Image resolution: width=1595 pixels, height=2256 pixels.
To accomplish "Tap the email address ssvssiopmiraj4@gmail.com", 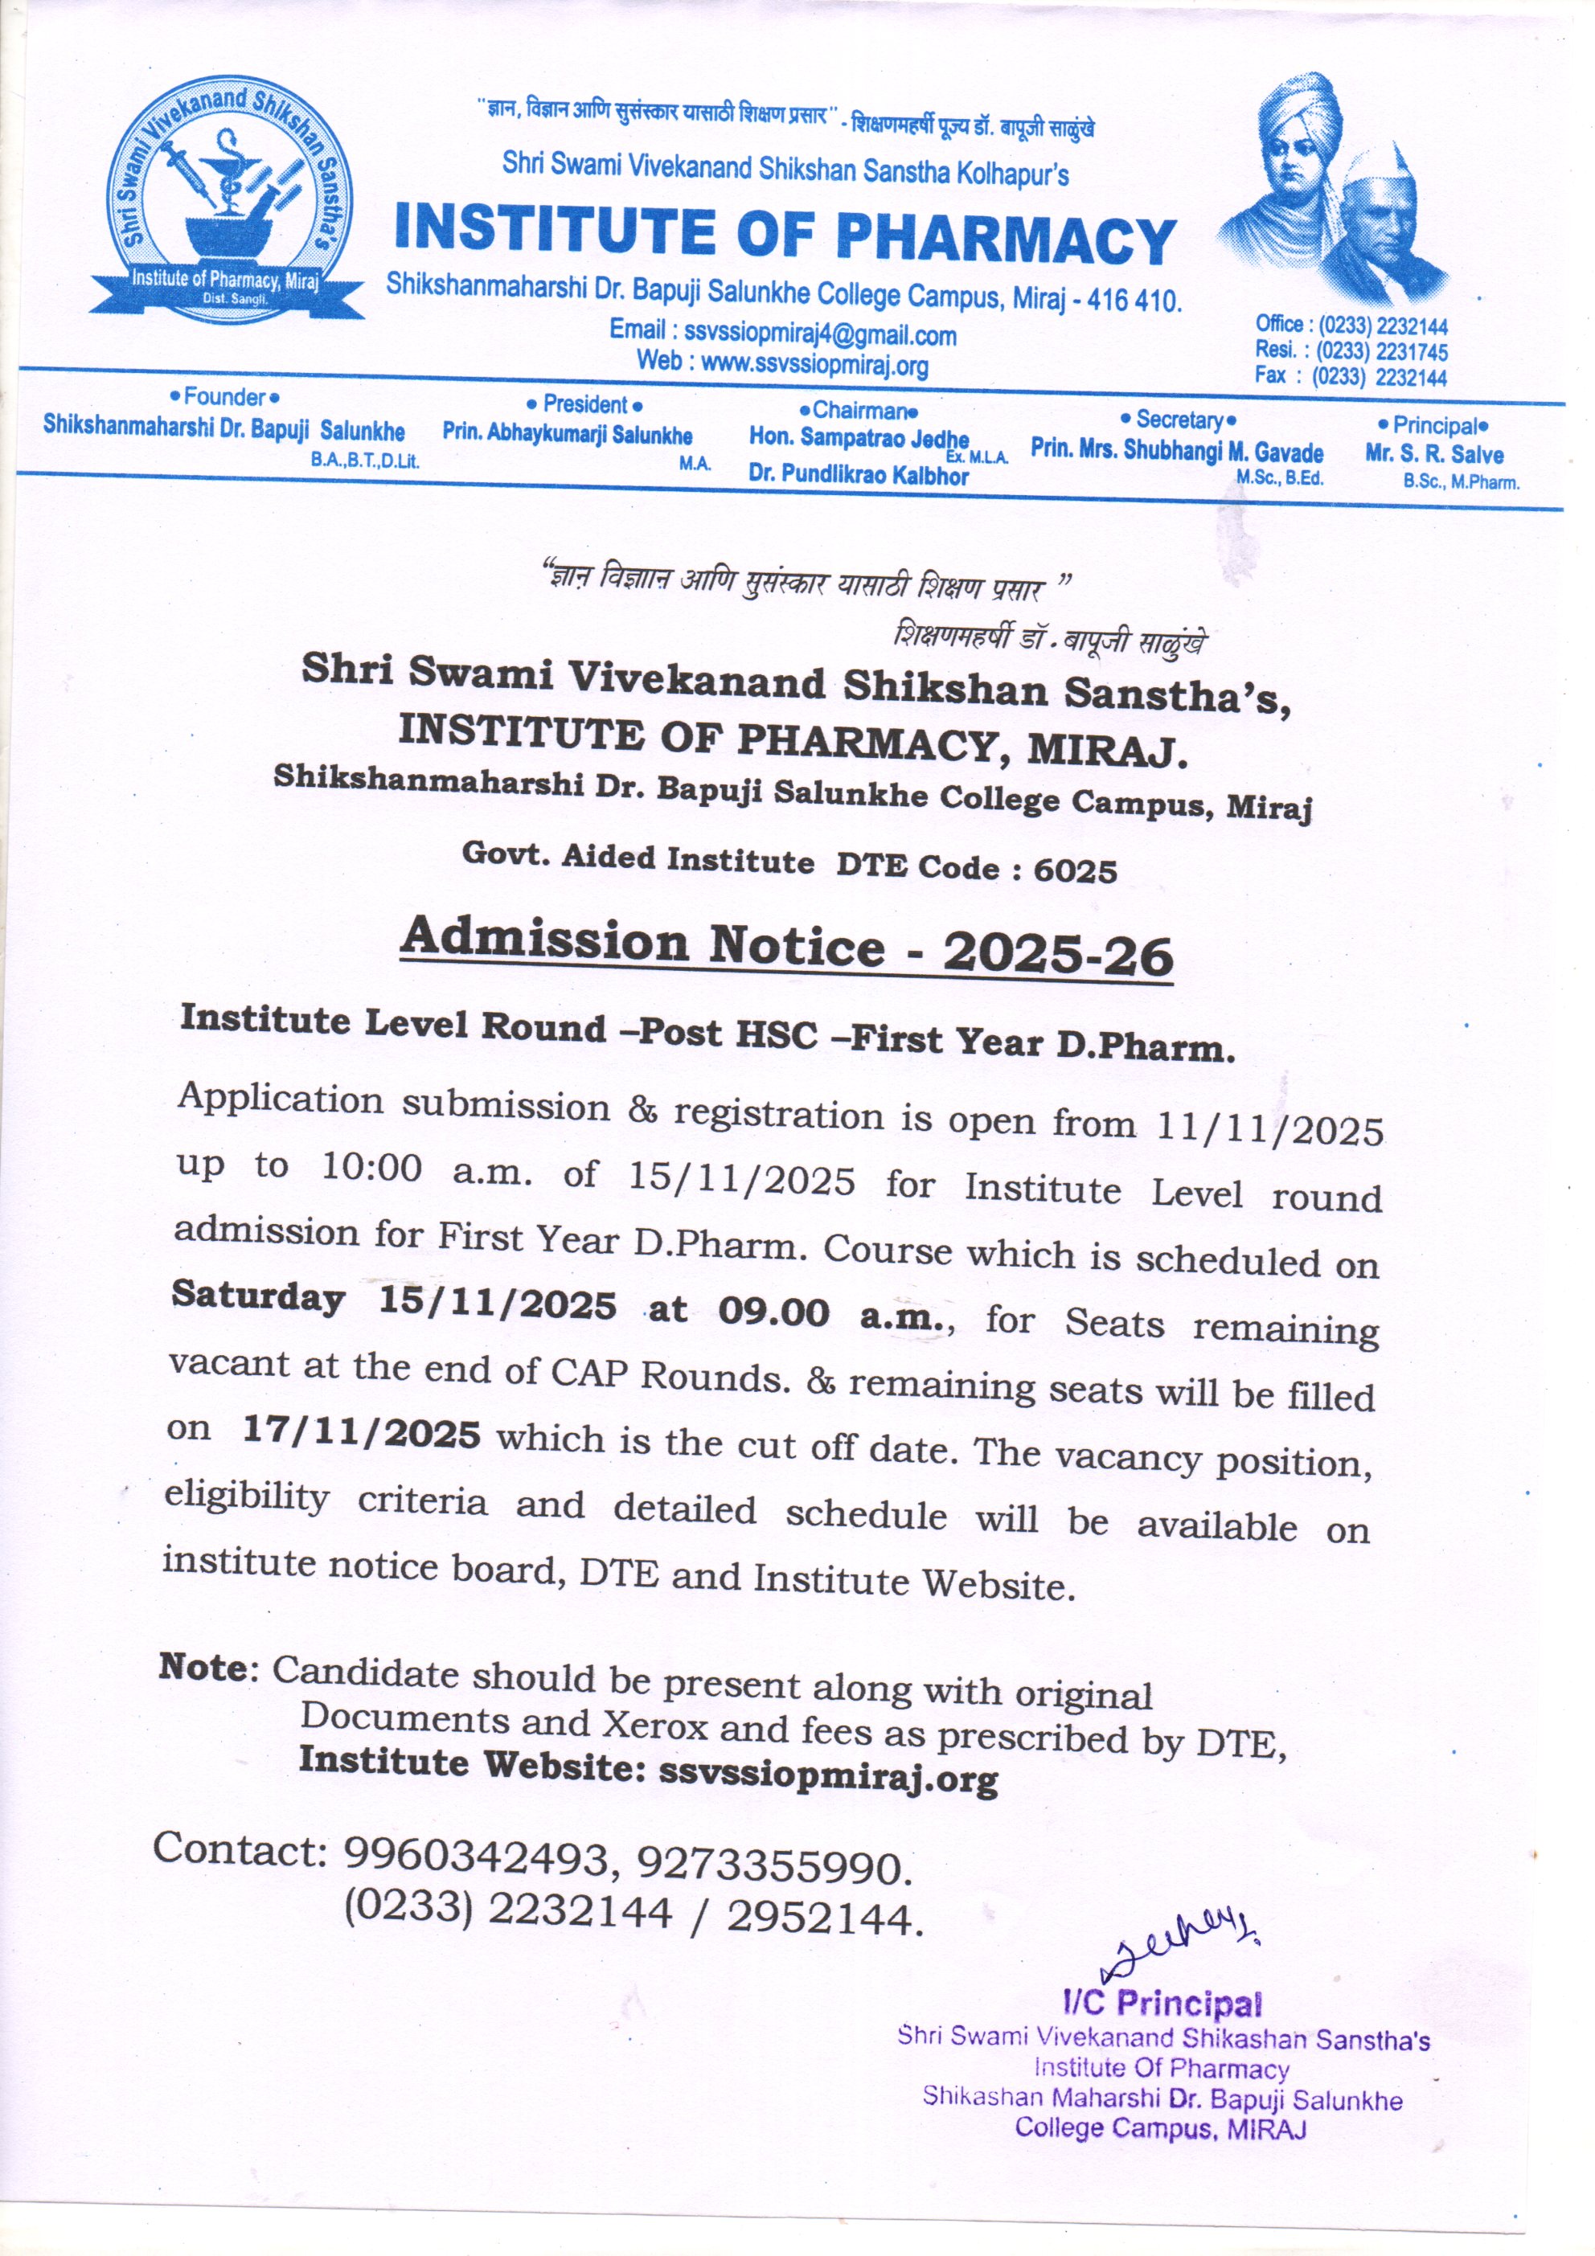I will (820, 334).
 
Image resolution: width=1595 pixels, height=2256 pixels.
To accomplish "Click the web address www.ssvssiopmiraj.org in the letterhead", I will (814, 365).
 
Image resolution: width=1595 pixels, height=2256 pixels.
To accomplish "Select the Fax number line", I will (1351, 377).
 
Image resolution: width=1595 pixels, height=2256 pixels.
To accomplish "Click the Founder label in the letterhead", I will (224, 398).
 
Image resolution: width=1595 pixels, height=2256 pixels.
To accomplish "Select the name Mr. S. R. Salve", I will (1434, 454).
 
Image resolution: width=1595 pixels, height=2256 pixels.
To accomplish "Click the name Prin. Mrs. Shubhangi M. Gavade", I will (1176, 451).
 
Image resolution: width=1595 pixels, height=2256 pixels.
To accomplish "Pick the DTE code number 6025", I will (1074, 870).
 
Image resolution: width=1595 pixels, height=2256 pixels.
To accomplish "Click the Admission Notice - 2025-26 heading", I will (786, 946).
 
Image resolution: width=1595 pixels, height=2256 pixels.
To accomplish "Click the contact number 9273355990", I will (770, 1864).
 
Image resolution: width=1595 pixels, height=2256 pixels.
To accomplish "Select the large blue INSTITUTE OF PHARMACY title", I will (784, 235).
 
